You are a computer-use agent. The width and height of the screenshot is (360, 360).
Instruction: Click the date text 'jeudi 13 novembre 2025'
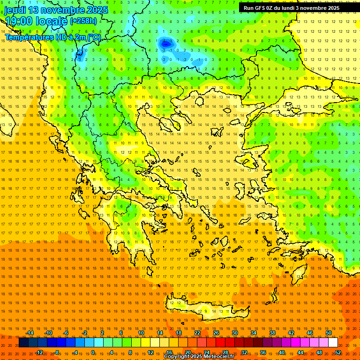(56, 10)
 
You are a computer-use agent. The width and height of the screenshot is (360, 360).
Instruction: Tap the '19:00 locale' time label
(36, 21)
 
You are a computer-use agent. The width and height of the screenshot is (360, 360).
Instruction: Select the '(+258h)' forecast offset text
(83, 21)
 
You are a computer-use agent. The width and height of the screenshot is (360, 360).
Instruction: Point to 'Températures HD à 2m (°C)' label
(52, 37)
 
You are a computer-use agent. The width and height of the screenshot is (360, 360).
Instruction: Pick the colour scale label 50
(329, 333)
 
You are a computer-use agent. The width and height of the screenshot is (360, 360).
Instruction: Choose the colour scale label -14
(30, 333)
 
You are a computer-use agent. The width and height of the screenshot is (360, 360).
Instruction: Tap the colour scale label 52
(338, 352)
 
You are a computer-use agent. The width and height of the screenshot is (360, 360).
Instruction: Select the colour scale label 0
(93, 352)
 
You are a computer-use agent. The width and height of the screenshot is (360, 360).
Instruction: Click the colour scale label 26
(216, 333)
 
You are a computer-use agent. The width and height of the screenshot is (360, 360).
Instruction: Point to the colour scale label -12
(39, 352)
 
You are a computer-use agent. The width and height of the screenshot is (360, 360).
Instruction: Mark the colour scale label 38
(272, 333)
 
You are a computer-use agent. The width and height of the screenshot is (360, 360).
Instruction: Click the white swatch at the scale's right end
(333, 343)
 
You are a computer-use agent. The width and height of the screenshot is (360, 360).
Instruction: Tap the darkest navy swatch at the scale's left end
(23, 343)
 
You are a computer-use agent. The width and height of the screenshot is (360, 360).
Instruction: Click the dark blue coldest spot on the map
(165, 44)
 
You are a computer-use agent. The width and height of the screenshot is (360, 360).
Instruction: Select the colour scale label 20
(187, 352)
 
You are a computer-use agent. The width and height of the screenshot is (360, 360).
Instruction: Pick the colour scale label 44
(300, 352)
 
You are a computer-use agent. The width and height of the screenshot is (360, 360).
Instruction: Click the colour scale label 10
(141, 333)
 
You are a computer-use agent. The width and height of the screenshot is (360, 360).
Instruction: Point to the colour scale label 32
(244, 352)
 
